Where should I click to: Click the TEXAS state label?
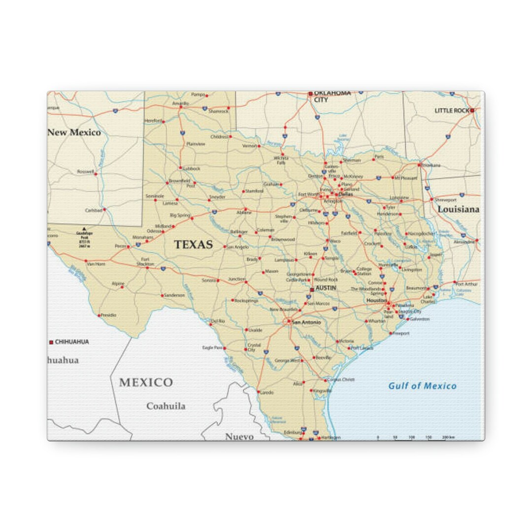pyautogui.click(x=193, y=245)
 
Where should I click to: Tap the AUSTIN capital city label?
pyautogui.click(x=326, y=288)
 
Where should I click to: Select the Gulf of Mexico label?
pyautogui.click(x=422, y=386)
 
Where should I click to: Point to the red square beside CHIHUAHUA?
pyautogui.click(x=51, y=342)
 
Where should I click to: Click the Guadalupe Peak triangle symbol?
pyautogui.click(x=84, y=229)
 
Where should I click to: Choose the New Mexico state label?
pyautogui.click(x=74, y=133)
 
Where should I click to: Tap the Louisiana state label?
pyautogui.click(x=458, y=209)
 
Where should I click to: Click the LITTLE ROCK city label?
pyautogui.click(x=452, y=111)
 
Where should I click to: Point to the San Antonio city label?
pyautogui.click(x=306, y=322)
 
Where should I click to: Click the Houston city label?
pyautogui.click(x=376, y=300)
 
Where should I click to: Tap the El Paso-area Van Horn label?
pyautogui.click(x=96, y=264)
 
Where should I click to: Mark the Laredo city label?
pyautogui.click(x=266, y=393)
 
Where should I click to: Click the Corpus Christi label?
pyautogui.click(x=341, y=380)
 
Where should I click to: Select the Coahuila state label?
pyautogui.click(x=166, y=406)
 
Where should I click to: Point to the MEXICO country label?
pyautogui.click(x=146, y=383)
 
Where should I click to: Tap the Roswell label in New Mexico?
pyautogui.click(x=85, y=172)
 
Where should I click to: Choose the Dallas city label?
pyautogui.click(x=346, y=194)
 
